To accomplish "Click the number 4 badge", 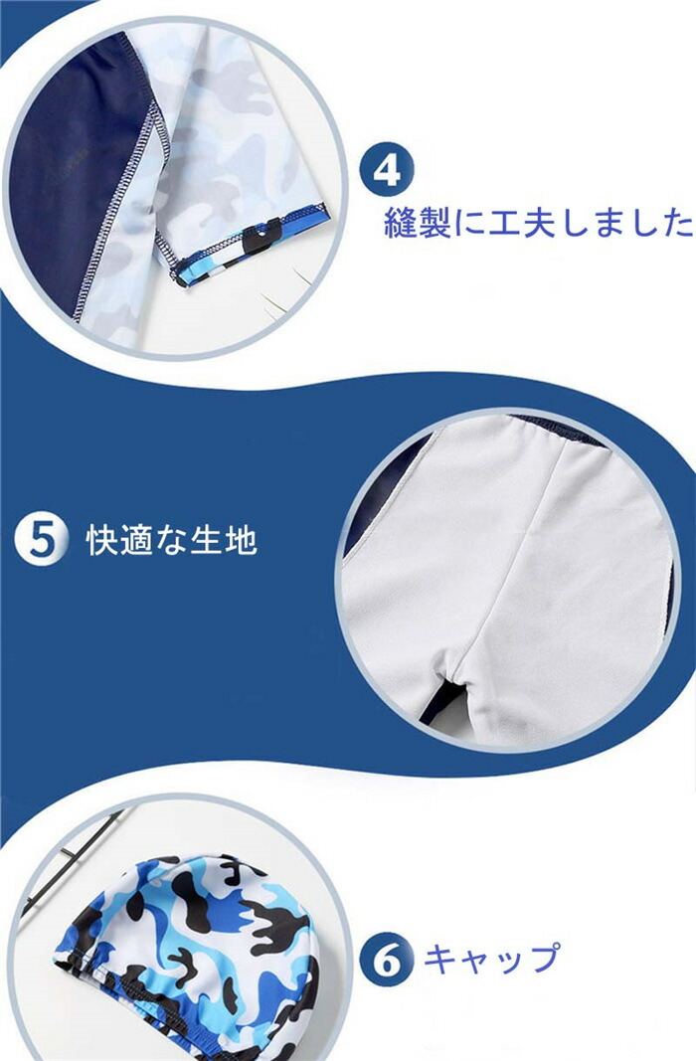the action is pyautogui.click(x=386, y=170).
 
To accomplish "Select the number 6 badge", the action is pyautogui.click(x=386, y=961).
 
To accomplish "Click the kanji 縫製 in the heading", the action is pyautogui.click(x=418, y=222).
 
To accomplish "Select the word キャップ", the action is pyautogui.click(x=492, y=958).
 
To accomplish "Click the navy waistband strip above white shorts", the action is pyautogui.click(x=555, y=428).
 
